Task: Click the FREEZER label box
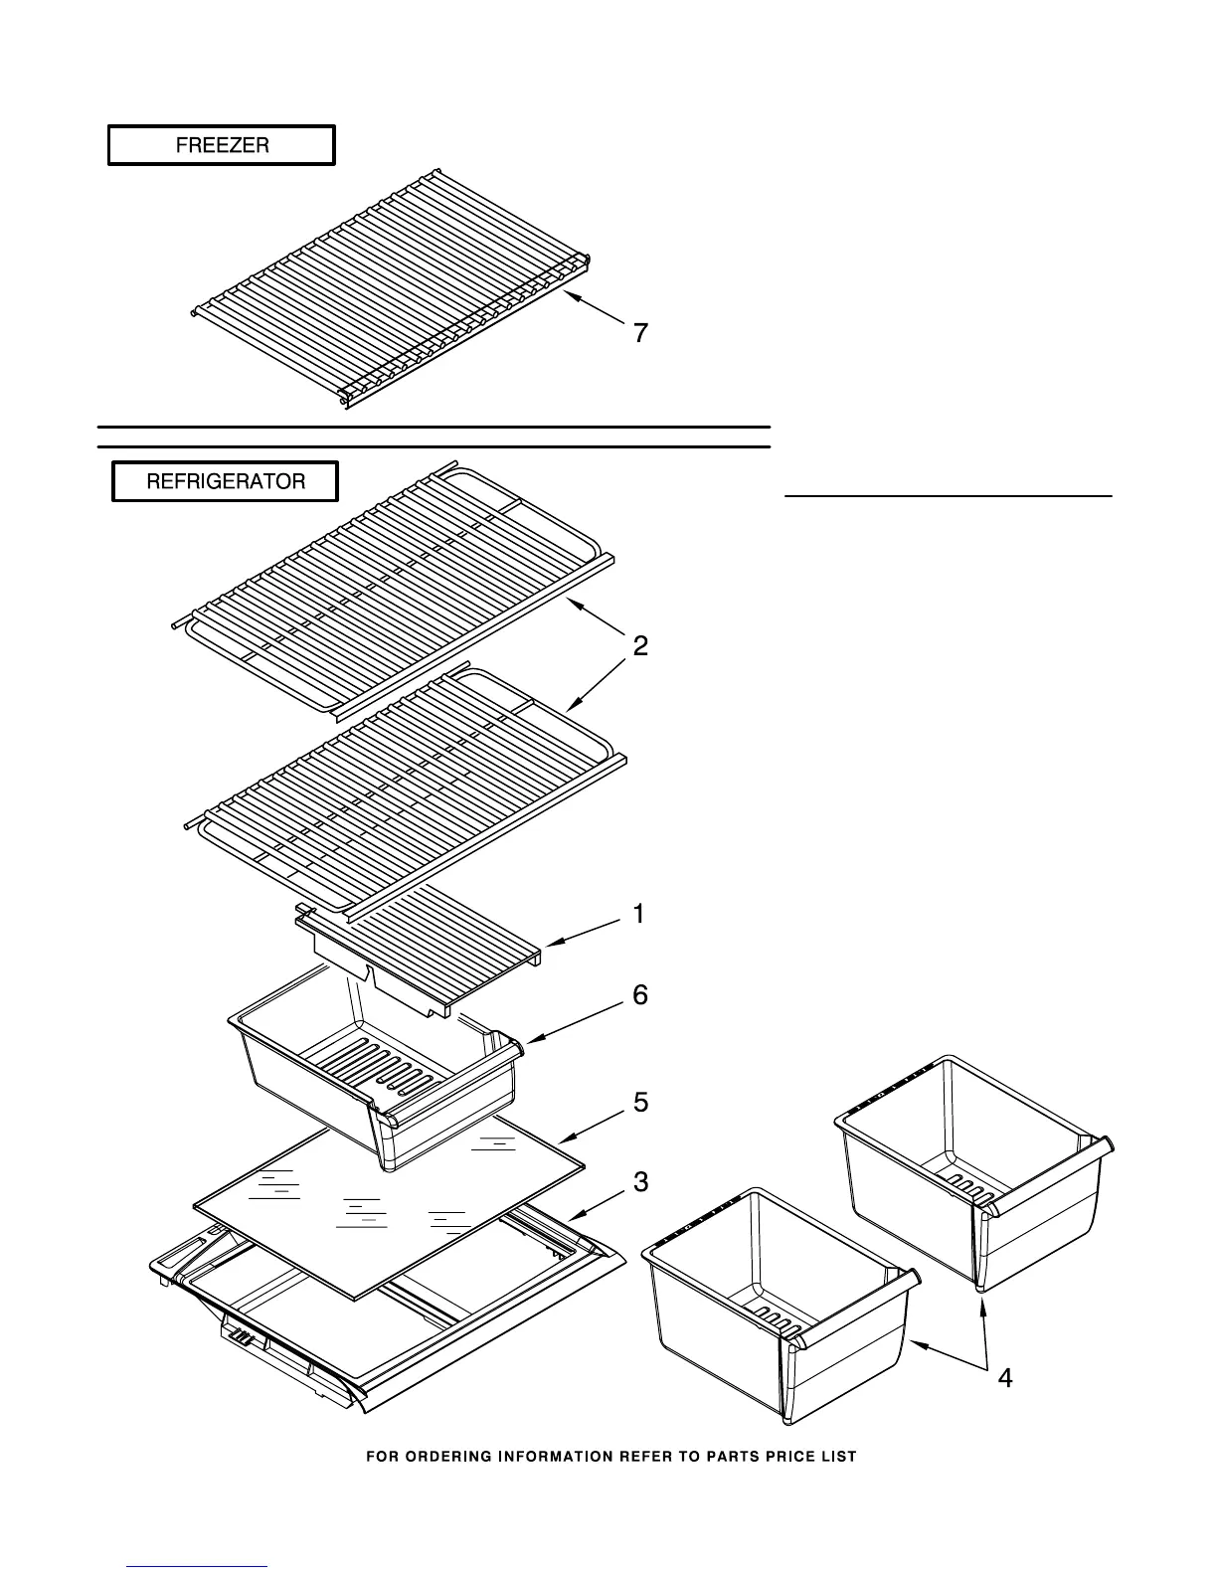(222, 145)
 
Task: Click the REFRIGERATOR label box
(226, 482)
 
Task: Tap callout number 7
(641, 334)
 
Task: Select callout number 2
(641, 646)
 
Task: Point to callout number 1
(639, 913)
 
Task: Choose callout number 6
(640, 994)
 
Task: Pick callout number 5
(641, 1103)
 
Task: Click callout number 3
(641, 1182)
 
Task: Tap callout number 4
(1005, 1378)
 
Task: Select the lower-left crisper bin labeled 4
(776, 1303)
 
